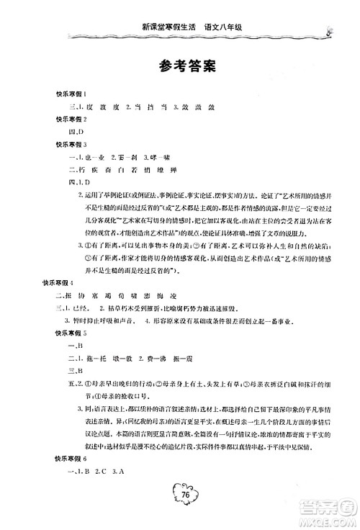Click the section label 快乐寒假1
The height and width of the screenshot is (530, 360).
[x=91, y=94]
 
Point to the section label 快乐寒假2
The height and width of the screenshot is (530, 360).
[x=91, y=119]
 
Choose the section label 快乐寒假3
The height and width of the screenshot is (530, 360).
[x=91, y=143]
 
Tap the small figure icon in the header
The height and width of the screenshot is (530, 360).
[x=329, y=30]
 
